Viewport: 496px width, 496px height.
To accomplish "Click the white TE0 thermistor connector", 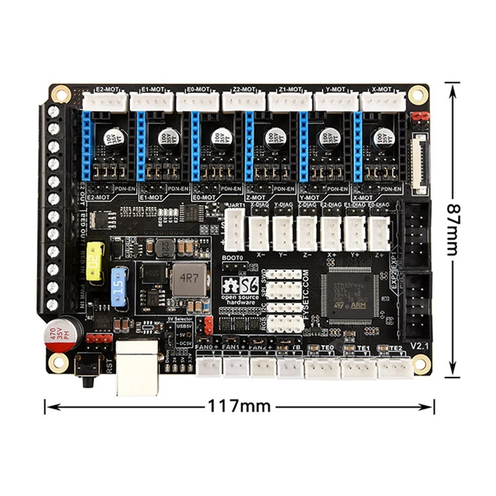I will click(x=322, y=368).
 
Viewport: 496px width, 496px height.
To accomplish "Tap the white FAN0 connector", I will click(x=208, y=368).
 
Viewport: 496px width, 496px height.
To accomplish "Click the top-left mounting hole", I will click(x=60, y=93).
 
